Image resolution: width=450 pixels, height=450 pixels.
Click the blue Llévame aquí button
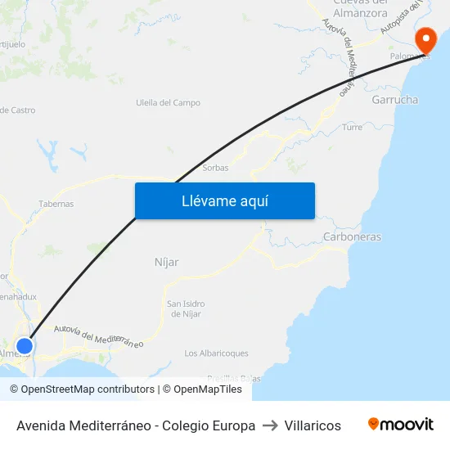(x=224, y=200)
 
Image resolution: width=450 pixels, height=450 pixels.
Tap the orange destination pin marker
(x=426, y=41)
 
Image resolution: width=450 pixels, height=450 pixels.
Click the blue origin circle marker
(x=25, y=346)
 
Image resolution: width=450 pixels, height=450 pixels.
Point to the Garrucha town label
(x=394, y=100)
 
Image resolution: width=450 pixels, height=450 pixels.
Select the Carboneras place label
(x=352, y=237)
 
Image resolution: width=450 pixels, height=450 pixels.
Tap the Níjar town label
(x=166, y=262)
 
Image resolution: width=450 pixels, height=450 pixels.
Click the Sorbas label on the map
(x=215, y=168)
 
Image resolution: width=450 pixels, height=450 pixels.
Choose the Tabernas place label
(x=56, y=204)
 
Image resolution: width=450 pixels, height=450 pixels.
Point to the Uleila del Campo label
(x=168, y=103)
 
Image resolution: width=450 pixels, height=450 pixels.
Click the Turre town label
(x=353, y=128)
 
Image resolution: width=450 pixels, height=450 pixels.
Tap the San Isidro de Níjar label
(x=186, y=308)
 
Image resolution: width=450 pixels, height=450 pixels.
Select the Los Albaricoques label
(x=217, y=353)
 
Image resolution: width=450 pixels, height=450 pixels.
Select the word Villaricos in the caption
(x=313, y=425)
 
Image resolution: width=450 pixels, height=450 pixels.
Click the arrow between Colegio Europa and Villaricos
(x=270, y=425)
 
